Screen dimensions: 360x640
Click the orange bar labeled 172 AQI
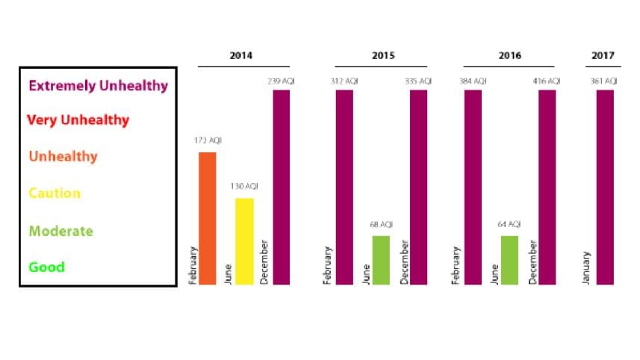click(x=207, y=218)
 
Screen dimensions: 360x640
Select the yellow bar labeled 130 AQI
click(x=244, y=240)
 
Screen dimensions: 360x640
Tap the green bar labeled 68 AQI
click(x=381, y=260)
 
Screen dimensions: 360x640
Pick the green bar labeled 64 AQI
click(x=509, y=260)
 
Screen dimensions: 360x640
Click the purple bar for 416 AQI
click(x=547, y=187)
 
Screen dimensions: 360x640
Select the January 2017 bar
click(x=605, y=187)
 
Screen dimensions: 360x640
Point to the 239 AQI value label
click(x=281, y=81)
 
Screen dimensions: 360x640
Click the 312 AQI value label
click(x=344, y=81)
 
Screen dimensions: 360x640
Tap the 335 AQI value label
click(x=418, y=81)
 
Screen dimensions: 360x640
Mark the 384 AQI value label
click(x=473, y=81)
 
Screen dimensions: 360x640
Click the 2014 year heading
click(x=240, y=56)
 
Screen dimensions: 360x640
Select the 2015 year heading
click(x=383, y=56)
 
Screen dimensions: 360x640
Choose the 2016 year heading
click(x=511, y=56)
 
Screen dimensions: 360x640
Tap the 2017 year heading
click(x=603, y=56)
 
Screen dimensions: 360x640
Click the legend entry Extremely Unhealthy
click(x=98, y=85)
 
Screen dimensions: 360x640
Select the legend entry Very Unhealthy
click(x=78, y=120)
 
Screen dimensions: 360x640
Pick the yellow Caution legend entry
click(x=55, y=193)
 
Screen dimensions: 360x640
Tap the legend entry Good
click(x=47, y=267)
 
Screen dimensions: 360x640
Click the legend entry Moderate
click(x=61, y=231)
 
